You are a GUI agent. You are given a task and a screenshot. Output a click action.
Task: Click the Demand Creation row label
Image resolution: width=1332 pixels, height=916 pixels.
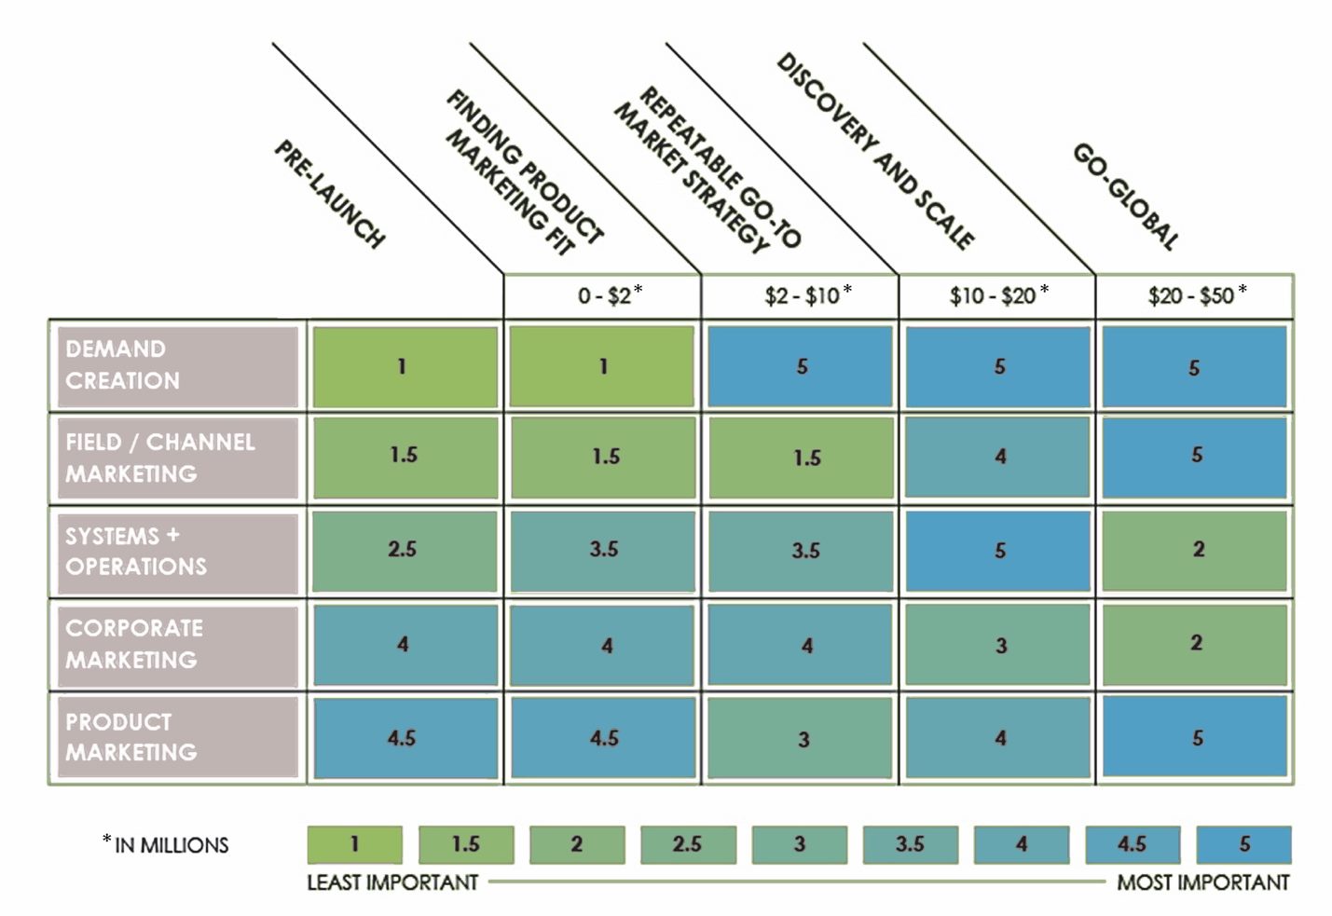pyautogui.click(x=177, y=365)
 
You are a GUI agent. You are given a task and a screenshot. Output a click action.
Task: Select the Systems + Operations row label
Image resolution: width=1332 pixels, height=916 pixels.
pyautogui.click(x=177, y=552)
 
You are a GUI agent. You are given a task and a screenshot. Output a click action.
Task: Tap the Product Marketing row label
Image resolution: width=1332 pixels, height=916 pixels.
pyautogui.click(x=177, y=737)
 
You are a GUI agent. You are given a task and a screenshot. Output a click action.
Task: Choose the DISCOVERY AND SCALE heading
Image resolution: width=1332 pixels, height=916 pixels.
pyautogui.click(x=875, y=152)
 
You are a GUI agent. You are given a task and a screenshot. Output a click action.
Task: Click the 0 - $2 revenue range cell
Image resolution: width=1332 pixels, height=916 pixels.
pyautogui.click(x=603, y=296)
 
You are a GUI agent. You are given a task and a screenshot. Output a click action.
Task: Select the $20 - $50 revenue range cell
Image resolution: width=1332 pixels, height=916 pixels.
pyautogui.click(x=1195, y=296)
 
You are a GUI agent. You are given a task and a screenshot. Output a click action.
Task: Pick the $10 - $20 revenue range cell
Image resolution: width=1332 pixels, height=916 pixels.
pyautogui.click(x=997, y=296)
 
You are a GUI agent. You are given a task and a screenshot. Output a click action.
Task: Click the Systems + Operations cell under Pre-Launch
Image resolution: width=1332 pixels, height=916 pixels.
pyautogui.click(x=405, y=550)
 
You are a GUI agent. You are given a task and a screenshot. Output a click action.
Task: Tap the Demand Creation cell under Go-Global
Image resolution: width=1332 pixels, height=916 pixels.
pyautogui.click(x=1195, y=366)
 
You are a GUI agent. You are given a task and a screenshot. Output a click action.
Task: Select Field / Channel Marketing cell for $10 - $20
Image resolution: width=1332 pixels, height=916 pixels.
pyautogui.click(x=997, y=457)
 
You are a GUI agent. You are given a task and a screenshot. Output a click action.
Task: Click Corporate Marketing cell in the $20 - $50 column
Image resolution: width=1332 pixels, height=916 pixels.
pyautogui.click(x=1195, y=644)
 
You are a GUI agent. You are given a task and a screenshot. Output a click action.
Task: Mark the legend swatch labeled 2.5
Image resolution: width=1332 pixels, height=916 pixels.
pyautogui.click(x=688, y=844)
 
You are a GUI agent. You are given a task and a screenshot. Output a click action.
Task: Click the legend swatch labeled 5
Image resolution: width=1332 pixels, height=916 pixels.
pyautogui.click(x=1243, y=844)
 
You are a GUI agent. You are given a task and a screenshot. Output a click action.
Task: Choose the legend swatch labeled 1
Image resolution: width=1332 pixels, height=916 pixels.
pyautogui.click(x=355, y=844)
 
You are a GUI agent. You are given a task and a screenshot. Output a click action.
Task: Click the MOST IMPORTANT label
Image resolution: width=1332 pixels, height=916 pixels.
pyautogui.click(x=1202, y=882)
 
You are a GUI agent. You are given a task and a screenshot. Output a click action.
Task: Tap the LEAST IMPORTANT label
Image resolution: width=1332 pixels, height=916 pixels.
pyautogui.click(x=392, y=882)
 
